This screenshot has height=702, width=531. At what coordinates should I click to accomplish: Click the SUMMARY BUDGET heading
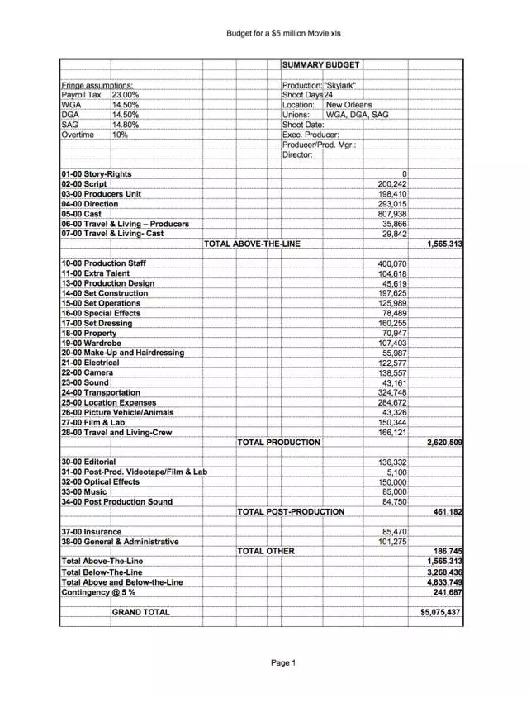click(321, 64)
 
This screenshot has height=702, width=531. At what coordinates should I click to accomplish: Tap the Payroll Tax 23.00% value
click(126, 95)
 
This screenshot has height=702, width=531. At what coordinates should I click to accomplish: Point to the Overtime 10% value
click(120, 135)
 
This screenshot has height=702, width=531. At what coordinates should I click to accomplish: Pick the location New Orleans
click(349, 105)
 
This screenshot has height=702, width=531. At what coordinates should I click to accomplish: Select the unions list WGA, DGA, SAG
click(357, 115)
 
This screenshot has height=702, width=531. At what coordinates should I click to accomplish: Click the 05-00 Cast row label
click(82, 214)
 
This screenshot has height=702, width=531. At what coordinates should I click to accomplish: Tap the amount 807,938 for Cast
click(392, 214)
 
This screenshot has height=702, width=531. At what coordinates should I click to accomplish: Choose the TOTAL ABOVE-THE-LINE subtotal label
click(252, 244)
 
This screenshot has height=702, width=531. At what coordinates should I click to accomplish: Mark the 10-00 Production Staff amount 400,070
click(392, 263)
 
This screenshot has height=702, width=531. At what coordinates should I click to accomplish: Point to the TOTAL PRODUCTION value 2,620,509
click(444, 443)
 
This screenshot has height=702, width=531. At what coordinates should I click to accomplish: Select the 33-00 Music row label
click(84, 492)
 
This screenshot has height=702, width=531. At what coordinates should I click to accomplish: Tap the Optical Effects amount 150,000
click(392, 482)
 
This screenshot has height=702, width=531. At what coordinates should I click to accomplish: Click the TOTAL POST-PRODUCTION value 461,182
click(447, 512)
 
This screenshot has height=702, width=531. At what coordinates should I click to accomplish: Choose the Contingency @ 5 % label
click(98, 592)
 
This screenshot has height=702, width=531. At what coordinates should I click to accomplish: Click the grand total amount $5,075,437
click(440, 613)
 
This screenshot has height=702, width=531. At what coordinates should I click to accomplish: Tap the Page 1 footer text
click(283, 662)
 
